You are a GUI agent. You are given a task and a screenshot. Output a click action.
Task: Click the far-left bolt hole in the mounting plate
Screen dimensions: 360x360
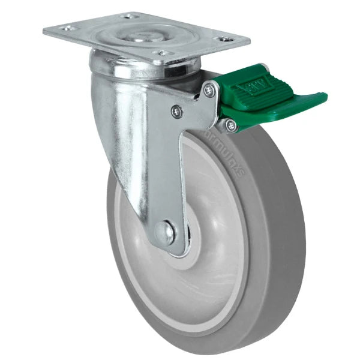[67, 28]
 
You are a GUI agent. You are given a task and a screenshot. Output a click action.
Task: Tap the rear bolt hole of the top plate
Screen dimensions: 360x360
[128, 16]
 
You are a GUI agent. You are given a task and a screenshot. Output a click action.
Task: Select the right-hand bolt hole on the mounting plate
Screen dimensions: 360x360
[226, 39]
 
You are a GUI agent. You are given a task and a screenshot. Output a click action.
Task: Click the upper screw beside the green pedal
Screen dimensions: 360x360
[209, 90]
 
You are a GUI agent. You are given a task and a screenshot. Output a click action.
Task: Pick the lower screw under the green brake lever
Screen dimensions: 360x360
[230, 125]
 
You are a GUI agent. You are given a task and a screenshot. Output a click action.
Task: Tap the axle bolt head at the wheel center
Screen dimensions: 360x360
[165, 232]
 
